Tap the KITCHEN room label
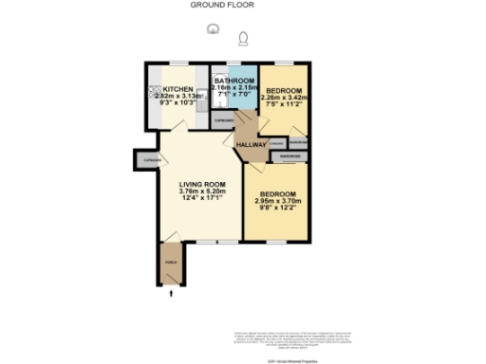pos(178,88)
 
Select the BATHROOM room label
pos(234,81)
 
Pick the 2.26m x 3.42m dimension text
pos(286,96)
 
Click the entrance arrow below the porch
pos(171,295)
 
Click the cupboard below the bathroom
pos(222,122)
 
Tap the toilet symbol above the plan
pos(244,39)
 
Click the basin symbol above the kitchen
pos(214,30)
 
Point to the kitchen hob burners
pos(153,93)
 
